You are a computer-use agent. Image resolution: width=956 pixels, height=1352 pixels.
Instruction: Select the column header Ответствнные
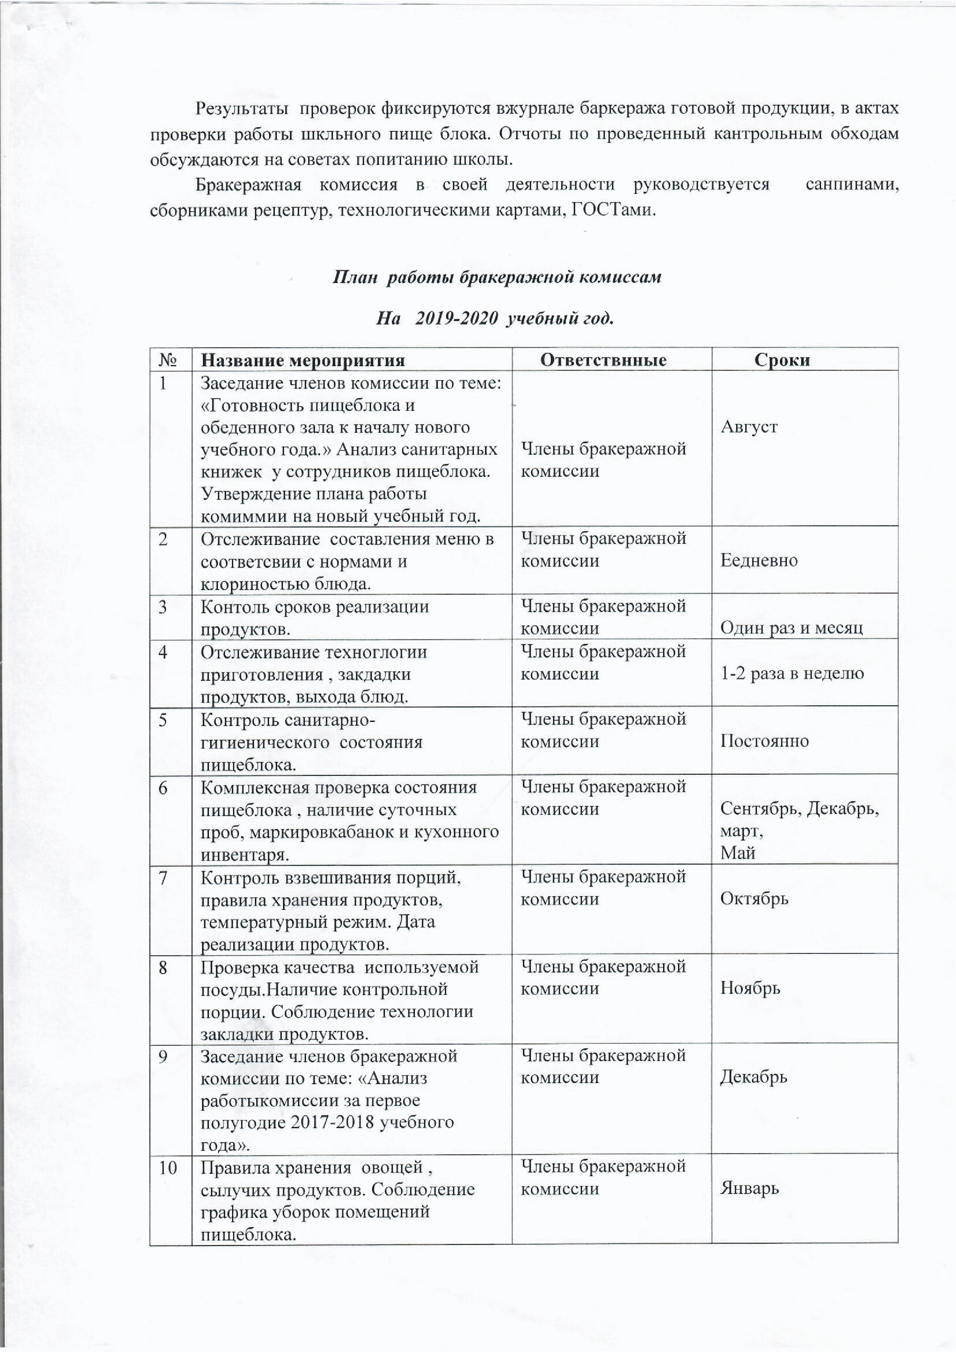603,360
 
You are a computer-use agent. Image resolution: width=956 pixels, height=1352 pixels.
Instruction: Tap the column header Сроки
782,360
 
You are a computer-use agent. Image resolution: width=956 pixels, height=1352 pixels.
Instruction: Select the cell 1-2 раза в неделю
792,674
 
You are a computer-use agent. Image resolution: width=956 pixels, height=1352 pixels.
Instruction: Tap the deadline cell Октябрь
754,899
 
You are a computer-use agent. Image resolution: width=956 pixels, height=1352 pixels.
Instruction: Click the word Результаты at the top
241,108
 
